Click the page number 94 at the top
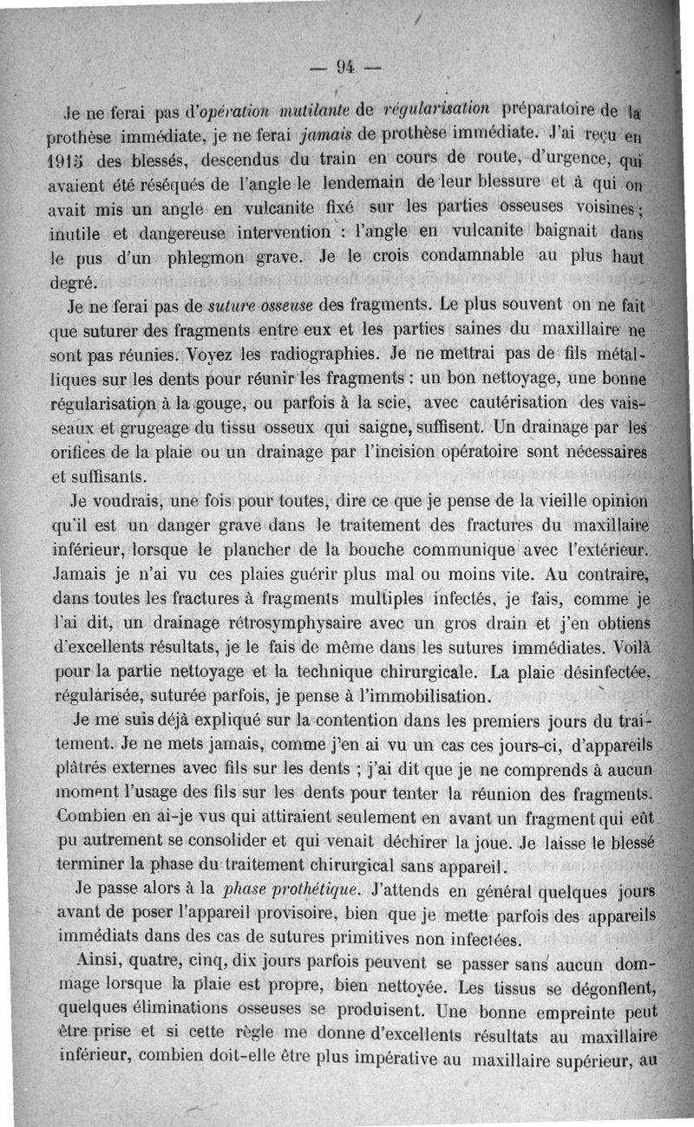(x=347, y=66)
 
